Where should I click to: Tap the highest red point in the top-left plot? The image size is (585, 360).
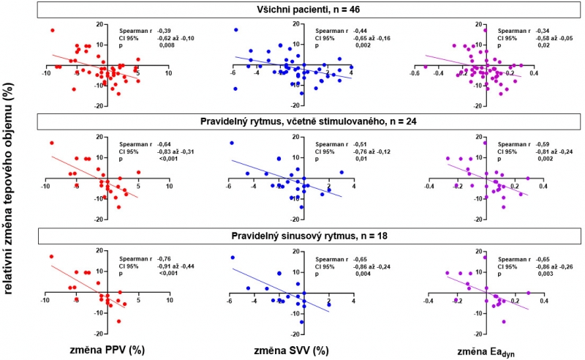[53, 30]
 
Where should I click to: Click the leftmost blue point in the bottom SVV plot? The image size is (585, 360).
[232, 258]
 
